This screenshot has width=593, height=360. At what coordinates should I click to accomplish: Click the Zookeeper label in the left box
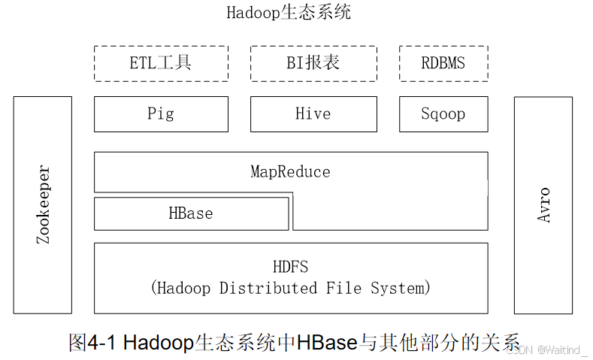pos(44,204)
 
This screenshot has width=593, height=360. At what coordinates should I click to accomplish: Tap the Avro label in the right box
pos(543,204)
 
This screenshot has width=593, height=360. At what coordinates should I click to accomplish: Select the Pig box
pos(161,114)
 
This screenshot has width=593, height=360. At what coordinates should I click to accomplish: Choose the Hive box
pos(313,114)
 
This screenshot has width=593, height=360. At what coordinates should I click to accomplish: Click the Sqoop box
pos(443,114)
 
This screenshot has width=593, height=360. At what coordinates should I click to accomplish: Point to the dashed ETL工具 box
pos(161,63)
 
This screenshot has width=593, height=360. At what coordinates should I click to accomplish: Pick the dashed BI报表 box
pos(313,63)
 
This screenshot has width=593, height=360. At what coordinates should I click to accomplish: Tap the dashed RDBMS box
pos(443,63)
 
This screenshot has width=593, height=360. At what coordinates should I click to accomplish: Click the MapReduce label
pos(290,172)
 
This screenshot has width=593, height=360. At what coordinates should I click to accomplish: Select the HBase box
pos(191,213)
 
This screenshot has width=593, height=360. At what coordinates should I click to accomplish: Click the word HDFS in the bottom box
pos(290,268)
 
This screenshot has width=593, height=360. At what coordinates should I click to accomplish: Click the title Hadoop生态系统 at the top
pos(289,13)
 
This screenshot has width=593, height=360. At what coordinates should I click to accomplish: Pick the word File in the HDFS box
pos(342,288)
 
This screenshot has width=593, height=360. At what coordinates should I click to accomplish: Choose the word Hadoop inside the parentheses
pos(185,288)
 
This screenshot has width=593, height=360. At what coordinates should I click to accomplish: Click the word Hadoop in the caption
pos(157,343)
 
